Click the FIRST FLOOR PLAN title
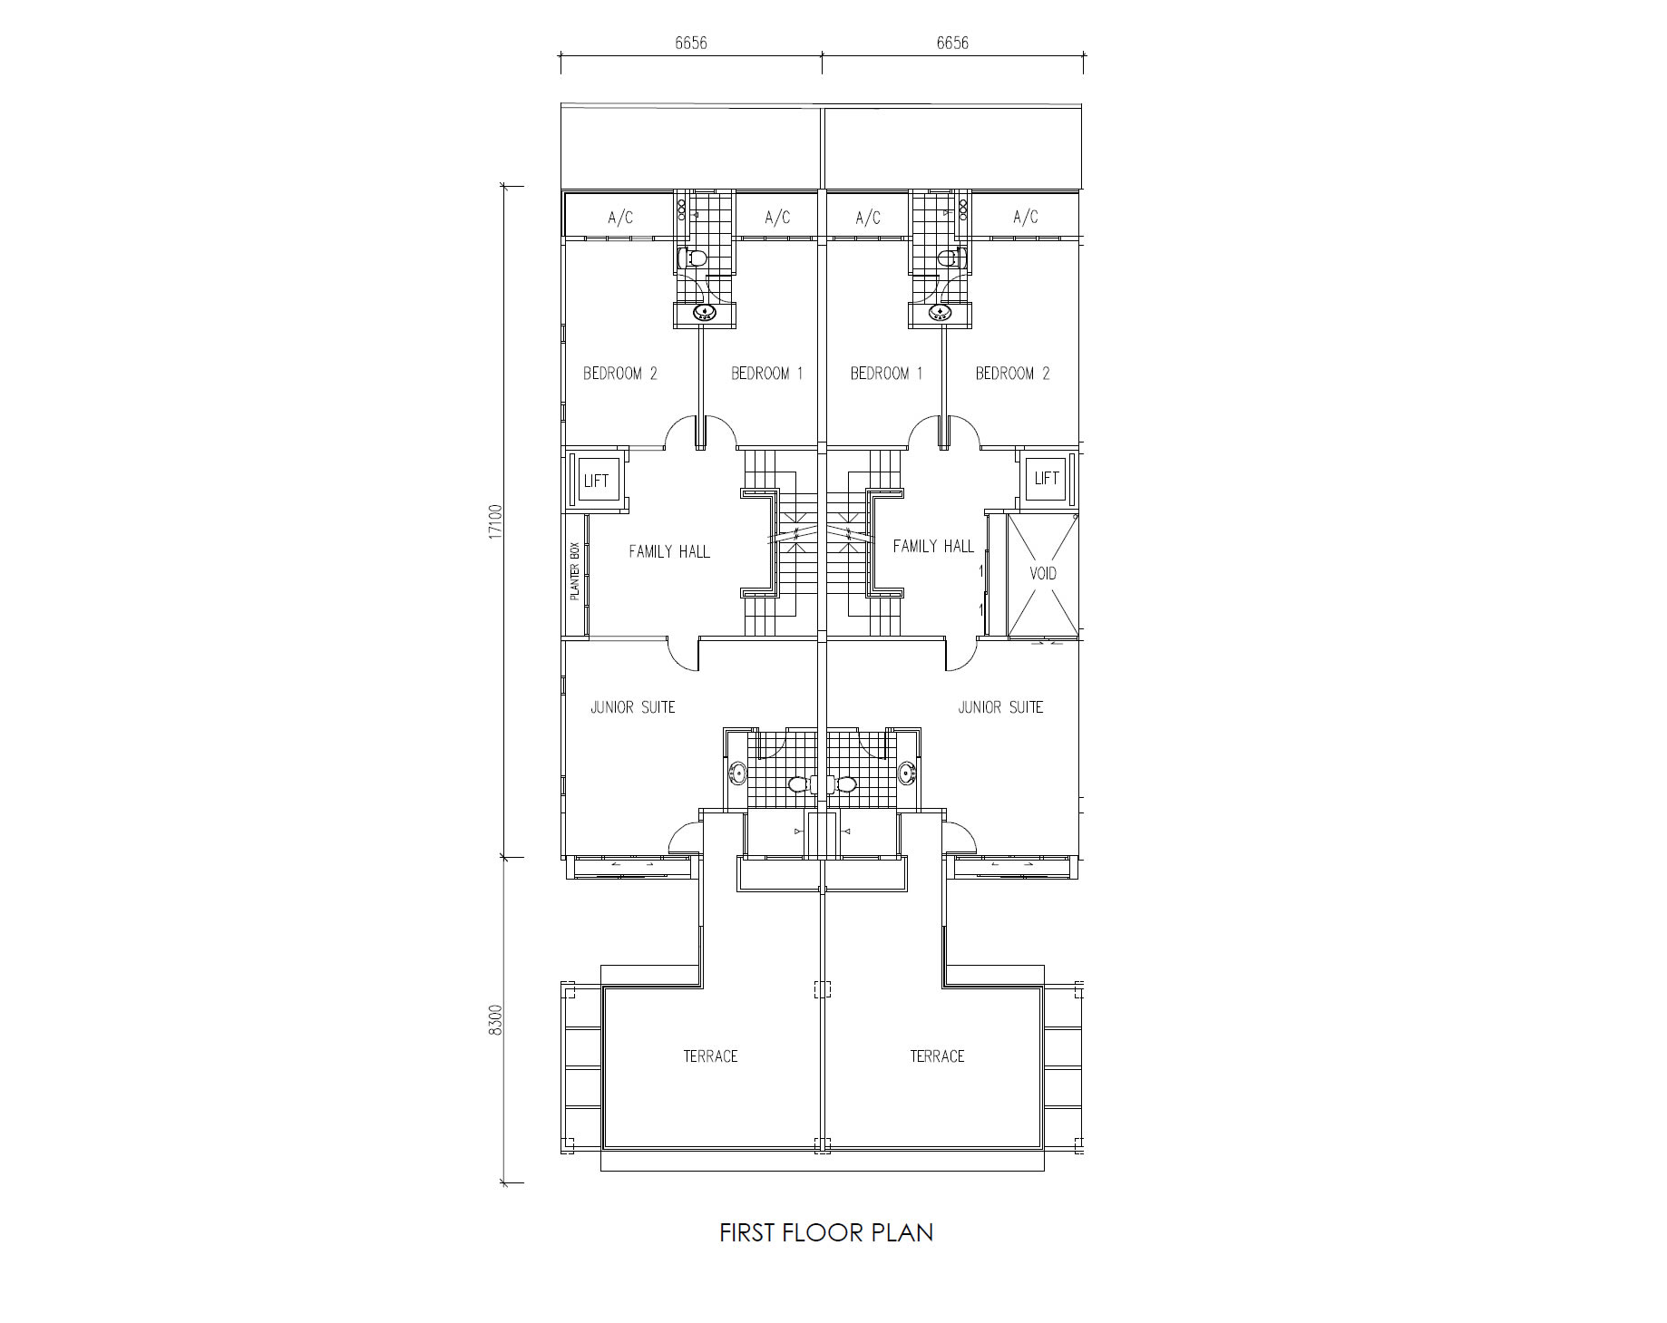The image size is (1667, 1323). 826,1232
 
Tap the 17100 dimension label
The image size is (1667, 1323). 495,522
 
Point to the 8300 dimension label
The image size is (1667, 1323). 495,1019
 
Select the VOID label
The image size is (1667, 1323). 1043,573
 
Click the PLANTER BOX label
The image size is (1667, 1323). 574,572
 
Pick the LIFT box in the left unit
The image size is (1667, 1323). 596,481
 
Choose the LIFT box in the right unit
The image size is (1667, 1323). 1047,478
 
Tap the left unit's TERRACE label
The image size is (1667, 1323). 710,1056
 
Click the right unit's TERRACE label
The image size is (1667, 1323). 937,1056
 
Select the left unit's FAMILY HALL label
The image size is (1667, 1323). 669,551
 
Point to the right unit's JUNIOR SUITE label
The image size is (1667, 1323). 1000,707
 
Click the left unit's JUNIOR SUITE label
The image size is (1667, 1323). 633,707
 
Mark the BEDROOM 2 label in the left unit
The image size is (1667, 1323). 620,373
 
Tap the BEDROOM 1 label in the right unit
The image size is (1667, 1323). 886,373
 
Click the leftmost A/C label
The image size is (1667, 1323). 620,218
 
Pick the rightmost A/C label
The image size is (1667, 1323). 1026,217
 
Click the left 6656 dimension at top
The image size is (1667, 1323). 690,43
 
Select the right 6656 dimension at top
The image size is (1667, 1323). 952,43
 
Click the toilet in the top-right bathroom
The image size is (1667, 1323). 949,258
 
